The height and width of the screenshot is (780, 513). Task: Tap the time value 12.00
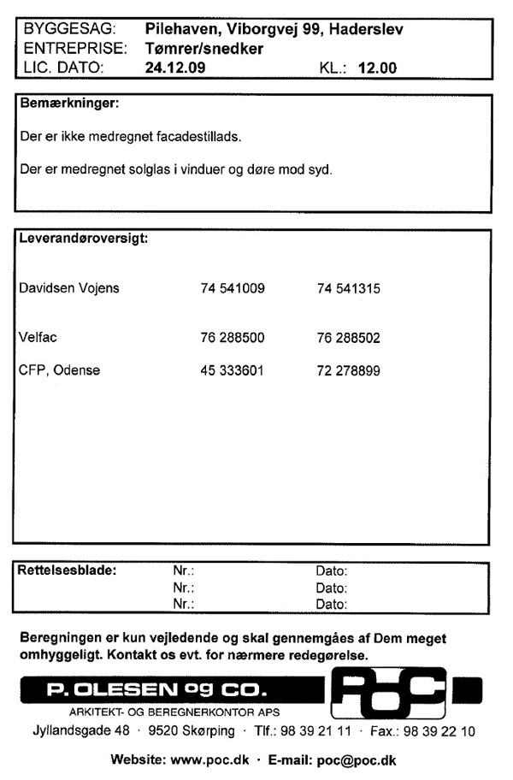pos(377,67)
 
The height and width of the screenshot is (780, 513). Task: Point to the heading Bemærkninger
pos(68,105)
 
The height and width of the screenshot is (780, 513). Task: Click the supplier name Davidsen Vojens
pos(69,288)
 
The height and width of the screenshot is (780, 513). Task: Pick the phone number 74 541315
pos(348,288)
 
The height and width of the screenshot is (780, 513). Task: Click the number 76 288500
pos(232,338)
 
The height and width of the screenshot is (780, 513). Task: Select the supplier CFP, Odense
pos(59,370)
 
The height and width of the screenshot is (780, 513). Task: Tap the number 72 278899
pos(348,370)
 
